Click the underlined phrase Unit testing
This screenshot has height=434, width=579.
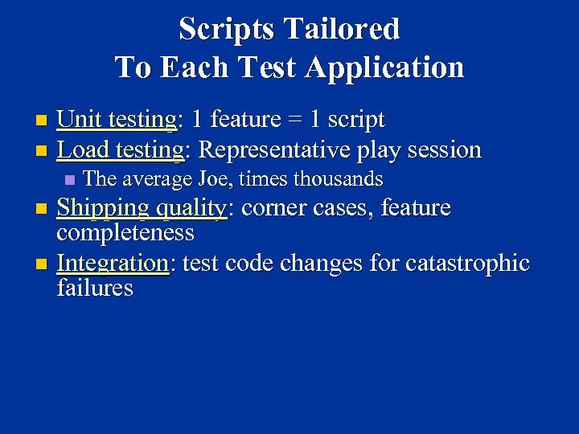(x=117, y=120)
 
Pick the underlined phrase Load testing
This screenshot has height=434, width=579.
(x=121, y=149)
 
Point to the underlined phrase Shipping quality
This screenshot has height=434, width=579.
(x=142, y=208)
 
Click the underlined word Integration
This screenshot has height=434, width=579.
(x=113, y=263)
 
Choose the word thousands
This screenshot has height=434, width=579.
(x=338, y=178)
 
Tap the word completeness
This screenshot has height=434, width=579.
(x=125, y=233)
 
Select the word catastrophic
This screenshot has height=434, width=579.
(x=467, y=263)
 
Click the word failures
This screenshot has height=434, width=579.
(x=95, y=288)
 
